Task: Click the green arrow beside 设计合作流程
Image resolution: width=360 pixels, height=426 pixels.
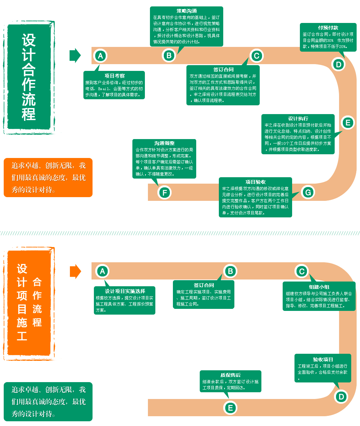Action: pos(75,56)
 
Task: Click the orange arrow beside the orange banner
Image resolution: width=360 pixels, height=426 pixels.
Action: pos(75,271)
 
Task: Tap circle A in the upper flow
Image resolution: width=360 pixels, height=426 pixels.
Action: pos(100,56)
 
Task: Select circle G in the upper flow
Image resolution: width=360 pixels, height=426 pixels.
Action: pos(308,192)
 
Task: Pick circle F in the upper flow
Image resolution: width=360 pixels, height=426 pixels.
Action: pos(165,193)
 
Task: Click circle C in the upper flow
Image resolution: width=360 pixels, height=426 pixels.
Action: pos(256,56)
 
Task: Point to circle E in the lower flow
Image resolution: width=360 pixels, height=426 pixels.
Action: pos(231,408)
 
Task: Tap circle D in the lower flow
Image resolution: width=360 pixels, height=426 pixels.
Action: pos(341,397)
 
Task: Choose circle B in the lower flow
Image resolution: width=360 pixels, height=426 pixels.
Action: pos(230,271)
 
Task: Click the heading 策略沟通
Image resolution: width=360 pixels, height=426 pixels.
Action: pos(186,11)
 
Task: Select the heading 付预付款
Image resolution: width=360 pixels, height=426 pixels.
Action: pos(328,28)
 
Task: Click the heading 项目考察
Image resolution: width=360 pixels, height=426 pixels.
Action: pos(114,76)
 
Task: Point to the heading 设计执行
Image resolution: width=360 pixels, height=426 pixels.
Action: pos(298,118)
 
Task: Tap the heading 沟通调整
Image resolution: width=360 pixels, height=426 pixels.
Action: pos(164,143)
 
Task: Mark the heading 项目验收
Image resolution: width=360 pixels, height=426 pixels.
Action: pos(255,182)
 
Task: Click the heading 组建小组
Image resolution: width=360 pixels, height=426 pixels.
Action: pos(319,287)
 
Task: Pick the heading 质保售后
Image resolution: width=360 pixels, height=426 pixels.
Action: pos(230,375)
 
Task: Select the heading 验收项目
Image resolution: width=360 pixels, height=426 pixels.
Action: pos(323,360)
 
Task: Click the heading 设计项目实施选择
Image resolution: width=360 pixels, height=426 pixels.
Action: pos(125,291)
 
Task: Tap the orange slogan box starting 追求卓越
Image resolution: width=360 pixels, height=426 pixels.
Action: pos(48,178)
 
